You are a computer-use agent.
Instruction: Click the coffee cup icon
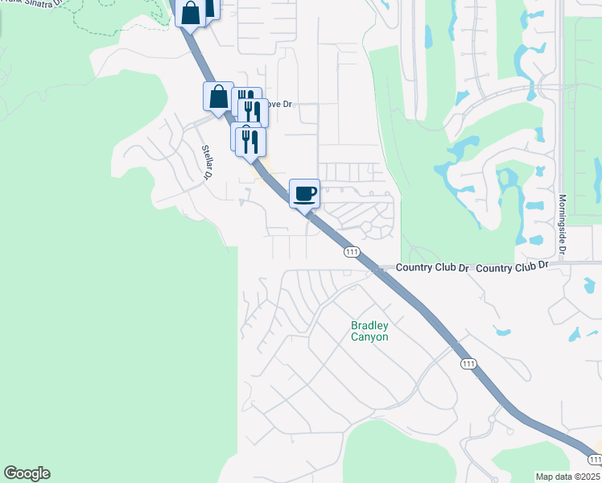[304, 194]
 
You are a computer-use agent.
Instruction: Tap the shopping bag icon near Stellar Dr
[218, 97]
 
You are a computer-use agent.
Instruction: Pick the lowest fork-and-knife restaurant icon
[251, 142]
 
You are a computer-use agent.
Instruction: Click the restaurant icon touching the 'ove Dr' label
[256, 112]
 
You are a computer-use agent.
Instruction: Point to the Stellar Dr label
[208, 162]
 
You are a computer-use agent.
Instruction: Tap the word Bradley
[369, 326]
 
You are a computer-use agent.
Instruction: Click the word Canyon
[369, 337]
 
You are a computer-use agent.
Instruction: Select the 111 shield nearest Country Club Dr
[351, 252]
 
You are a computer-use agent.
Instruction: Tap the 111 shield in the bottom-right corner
[595, 459]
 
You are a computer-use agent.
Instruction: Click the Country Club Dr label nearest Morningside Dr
[512, 266]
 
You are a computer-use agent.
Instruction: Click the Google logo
[27, 473]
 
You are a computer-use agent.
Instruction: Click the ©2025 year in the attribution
[588, 477]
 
